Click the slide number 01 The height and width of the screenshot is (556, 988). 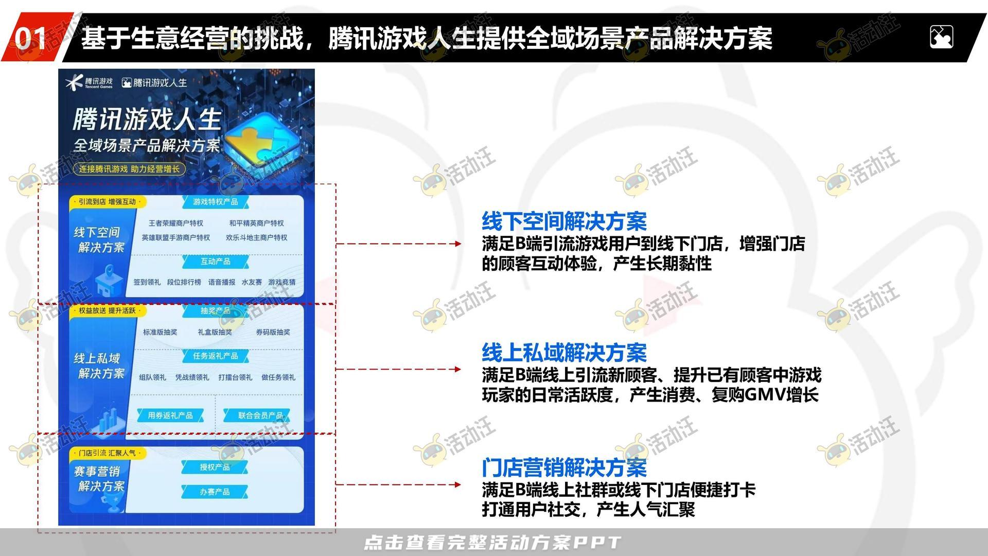[x=30, y=38]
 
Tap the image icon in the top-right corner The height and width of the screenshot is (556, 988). [x=941, y=37]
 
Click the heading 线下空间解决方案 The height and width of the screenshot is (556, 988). [x=564, y=221]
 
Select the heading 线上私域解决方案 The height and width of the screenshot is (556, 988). [x=564, y=353]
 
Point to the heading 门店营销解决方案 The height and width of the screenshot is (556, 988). [x=564, y=467]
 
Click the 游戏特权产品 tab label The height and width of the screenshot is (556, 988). [x=215, y=202]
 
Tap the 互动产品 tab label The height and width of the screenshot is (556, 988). [x=215, y=262]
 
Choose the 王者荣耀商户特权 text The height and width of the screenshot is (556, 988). [x=175, y=223]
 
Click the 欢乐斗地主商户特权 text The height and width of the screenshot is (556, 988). [x=256, y=237]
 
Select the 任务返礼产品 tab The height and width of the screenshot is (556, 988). [x=215, y=356]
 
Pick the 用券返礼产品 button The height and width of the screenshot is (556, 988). [x=170, y=415]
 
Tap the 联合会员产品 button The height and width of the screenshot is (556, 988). [x=260, y=415]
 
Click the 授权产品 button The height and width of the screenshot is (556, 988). [x=215, y=467]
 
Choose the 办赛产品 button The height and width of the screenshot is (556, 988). [x=215, y=492]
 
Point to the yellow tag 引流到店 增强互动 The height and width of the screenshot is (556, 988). [x=107, y=202]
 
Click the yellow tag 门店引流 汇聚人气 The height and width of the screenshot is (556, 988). [x=107, y=453]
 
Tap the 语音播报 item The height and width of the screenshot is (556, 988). [x=221, y=282]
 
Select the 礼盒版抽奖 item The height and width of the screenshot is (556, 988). [x=215, y=332]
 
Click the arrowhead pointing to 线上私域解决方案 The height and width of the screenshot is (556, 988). [x=457, y=369]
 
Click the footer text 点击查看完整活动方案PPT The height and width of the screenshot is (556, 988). [x=492, y=542]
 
